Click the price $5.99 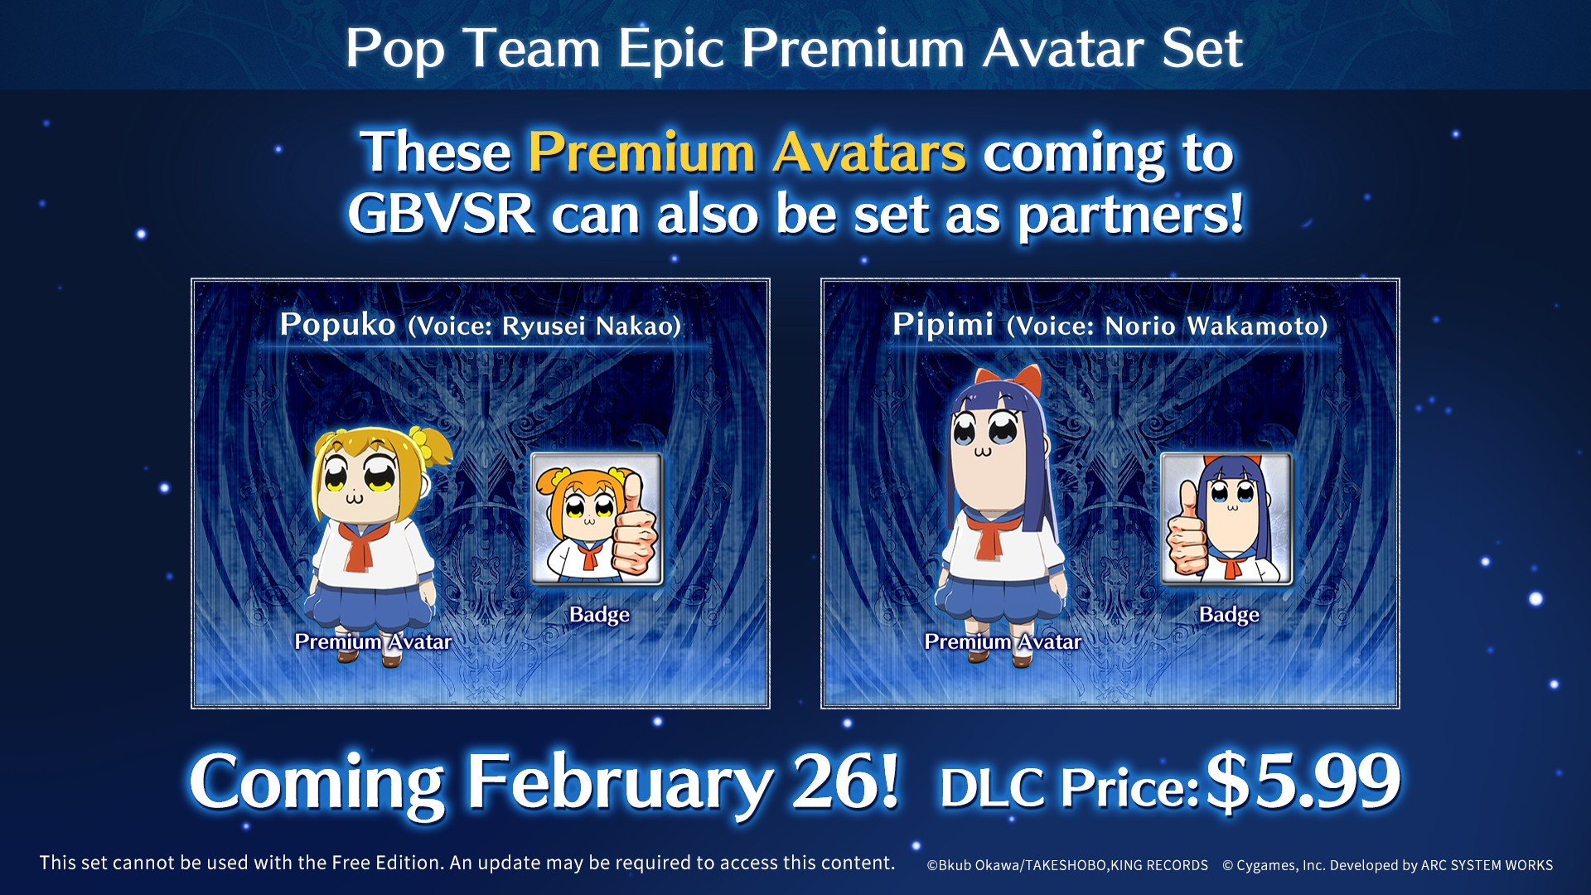point(1303,781)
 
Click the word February point(619,784)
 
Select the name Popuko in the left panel point(337,325)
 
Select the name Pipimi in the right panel point(943,325)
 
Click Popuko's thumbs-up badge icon point(597,519)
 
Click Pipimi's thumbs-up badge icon point(1226,519)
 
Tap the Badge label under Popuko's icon point(599,615)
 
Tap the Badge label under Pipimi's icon point(1229,615)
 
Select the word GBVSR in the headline point(441,214)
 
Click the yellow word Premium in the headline point(641,152)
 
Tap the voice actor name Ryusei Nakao point(591,326)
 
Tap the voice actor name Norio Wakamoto point(1216,326)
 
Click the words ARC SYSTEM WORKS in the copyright point(1487,865)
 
